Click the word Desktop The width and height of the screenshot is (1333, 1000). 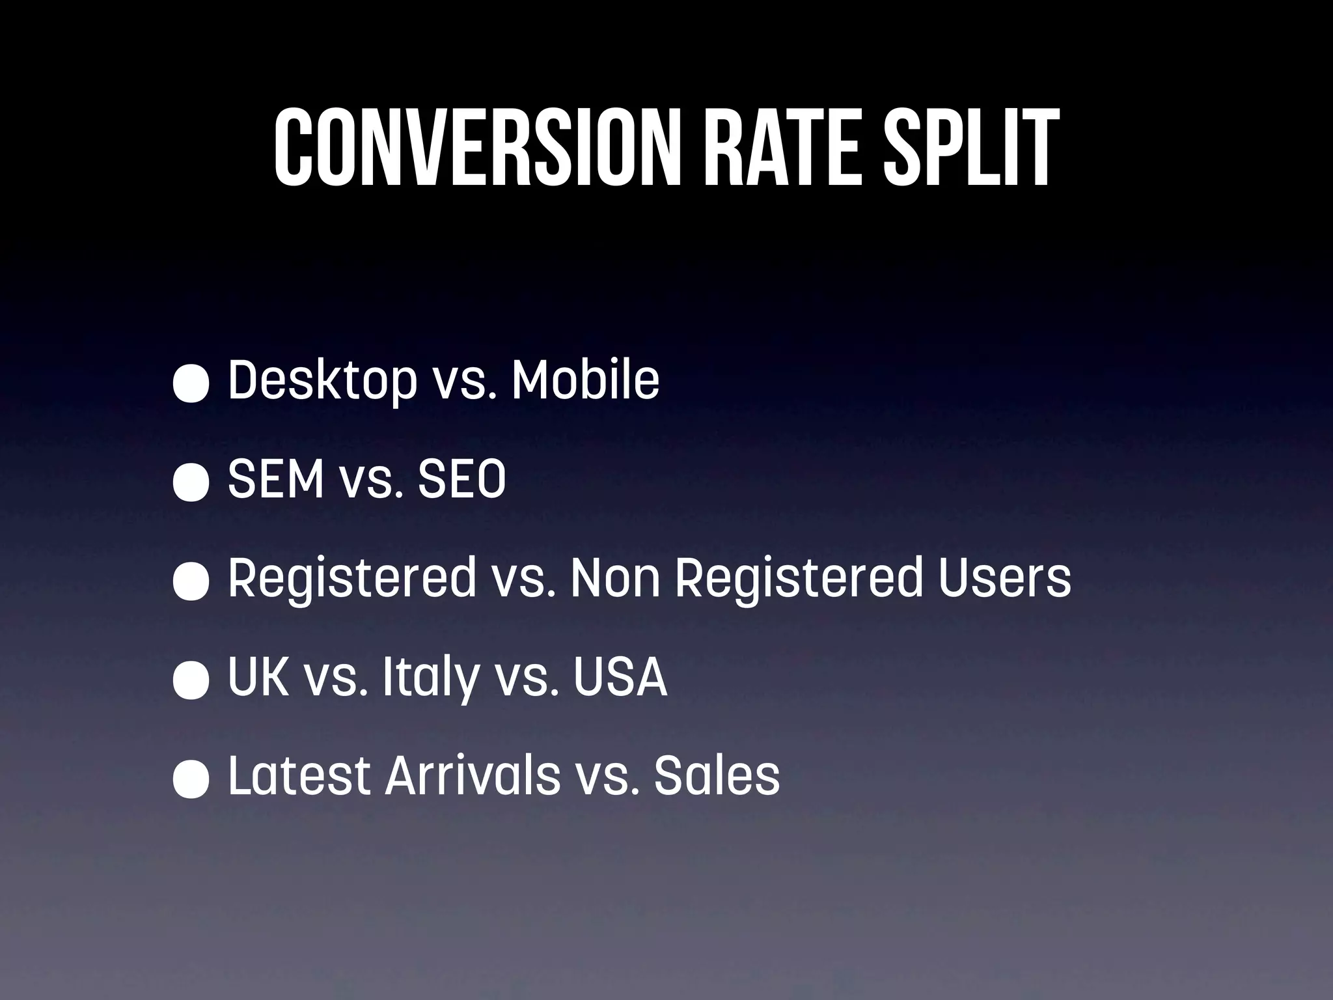coord(322,380)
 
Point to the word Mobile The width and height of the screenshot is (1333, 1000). coord(585,380)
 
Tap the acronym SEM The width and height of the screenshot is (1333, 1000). coord(276,480)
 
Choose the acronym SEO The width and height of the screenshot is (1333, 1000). coord(461,480)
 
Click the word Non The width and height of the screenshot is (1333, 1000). coord(614,579)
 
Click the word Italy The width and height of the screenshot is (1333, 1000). coord(430,678)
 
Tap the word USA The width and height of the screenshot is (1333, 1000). coord(620,678)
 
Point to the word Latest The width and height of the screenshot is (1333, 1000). coord(299,777)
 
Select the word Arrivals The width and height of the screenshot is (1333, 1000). coord(473,777)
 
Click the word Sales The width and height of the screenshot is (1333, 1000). coord(717,777)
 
